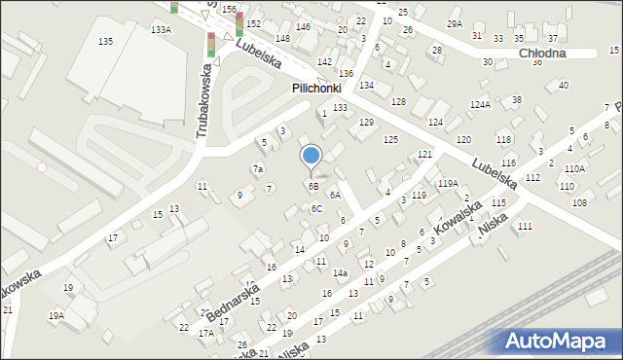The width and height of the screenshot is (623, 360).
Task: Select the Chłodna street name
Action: (x=542, y=54)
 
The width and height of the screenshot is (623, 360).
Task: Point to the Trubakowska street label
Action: (x=205, y=101)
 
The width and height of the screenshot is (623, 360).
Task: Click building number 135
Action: (x=105, y=41)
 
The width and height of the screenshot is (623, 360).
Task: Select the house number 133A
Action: (x=161, y=30)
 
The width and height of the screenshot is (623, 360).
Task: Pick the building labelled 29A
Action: (x=455, y=23)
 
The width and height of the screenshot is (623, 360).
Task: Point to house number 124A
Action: (x=480, y=104)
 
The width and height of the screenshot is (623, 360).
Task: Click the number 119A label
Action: (x=448, y=183)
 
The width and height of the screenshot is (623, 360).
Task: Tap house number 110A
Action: (x=574, y=168)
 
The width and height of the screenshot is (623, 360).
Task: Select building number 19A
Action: (x=56, y=315)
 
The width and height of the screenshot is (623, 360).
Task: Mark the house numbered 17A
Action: (x=206, y=333)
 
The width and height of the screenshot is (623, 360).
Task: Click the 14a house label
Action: (x=340, y=273)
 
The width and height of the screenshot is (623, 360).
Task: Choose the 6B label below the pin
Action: (x=313, y=186)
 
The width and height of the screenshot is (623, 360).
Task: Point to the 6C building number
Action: (x=316, y=208)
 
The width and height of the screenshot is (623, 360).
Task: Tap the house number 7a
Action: (x=258, y=169)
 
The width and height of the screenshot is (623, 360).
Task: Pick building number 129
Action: (x=366, y=123)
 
